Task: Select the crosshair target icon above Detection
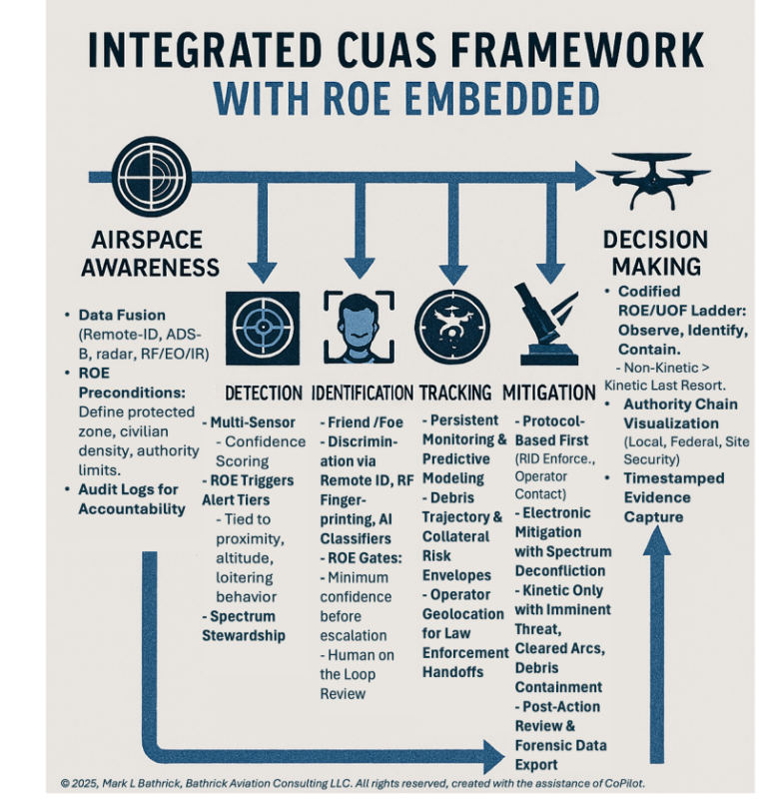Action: pyautogui.click(x=262, y=328)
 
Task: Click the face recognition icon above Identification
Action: pyautogui.click(x=358, y=328)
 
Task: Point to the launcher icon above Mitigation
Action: pyautogui.click(x=546, y=323)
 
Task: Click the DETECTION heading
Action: pyautogui.click(x=264, y=393)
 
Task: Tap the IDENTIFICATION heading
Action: pyautogui.click(x=362, y=393)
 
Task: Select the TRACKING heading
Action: pyautogui.click(x=454, y=393)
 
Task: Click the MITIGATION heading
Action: pyautogui.click(x=549, y=393)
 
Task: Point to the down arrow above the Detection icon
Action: pyautogui.click(x=263, y=262)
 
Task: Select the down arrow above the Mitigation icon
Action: pyautogui.click(x=549, y=262)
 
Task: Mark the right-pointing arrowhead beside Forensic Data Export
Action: pyautogui.click(x=492, y=756)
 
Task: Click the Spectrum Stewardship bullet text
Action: pyautogui.click(x=244, y=625)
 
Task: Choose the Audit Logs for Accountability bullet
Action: pyautogui.click(x=132, y=499)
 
